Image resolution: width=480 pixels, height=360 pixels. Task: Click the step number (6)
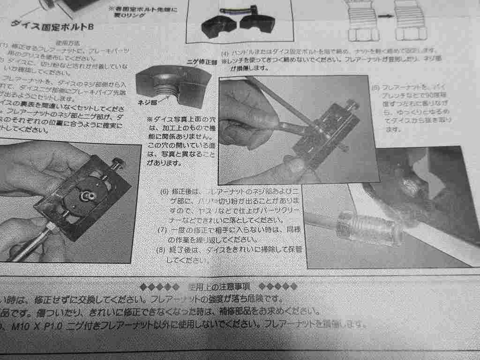(164, 192)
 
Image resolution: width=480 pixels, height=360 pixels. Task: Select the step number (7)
(162, 230)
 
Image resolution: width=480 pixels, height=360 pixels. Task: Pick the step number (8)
(161, 249)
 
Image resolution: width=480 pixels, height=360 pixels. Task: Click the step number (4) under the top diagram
(225, 50)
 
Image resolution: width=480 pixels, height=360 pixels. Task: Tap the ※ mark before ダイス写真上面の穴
(150, 120)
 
